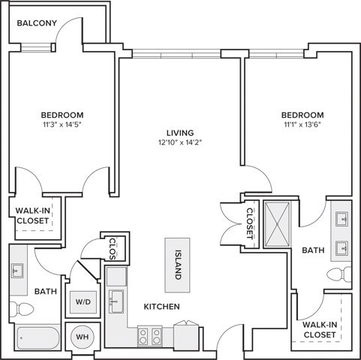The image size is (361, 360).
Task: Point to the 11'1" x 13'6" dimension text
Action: coord(302,125)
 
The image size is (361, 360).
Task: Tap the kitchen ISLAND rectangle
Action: coord(178,264)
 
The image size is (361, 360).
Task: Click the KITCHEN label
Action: coord(161,307)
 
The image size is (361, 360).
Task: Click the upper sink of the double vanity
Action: coord(342,220)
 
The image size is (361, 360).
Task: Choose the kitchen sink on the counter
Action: coord(116,302)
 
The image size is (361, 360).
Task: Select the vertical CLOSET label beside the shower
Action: coord(250,221)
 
